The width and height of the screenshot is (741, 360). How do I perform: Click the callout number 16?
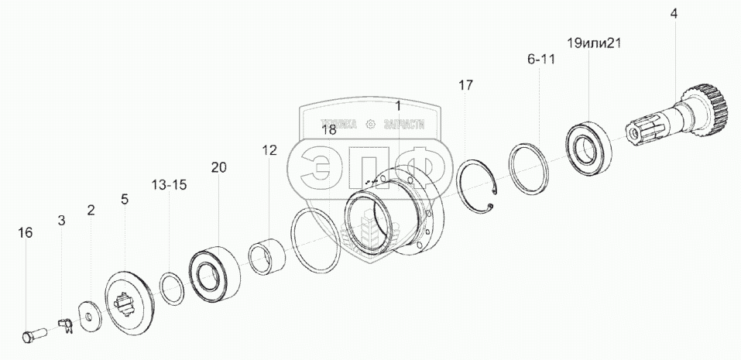[26, 232]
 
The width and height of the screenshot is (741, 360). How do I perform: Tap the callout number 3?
[62, 221]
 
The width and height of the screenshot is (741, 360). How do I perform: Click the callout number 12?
[269, 150]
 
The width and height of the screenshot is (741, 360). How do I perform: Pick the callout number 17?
[465, 85]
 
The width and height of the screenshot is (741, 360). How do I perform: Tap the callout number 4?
[674, 13]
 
